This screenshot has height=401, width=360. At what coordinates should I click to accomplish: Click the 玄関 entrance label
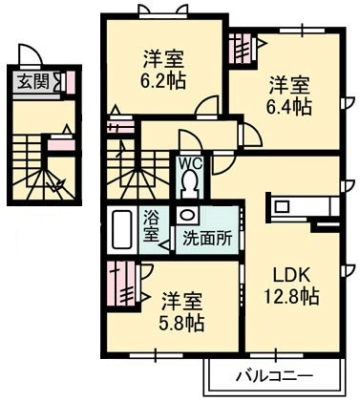pos(33,82)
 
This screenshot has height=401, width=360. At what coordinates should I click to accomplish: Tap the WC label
pos(190,164)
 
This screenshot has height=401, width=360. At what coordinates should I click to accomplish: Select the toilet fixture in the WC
pos(190,184)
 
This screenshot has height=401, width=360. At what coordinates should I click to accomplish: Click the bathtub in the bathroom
pos(122,229)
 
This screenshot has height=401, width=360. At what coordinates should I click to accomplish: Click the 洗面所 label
pos(207,237)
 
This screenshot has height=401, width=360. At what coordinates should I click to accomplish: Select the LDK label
pos(292,275)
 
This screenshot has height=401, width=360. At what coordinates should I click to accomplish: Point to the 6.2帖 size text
pos(163,81)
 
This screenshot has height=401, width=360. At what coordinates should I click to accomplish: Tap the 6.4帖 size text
pos(289,107)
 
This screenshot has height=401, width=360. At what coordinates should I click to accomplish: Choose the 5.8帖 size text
pos(181,324)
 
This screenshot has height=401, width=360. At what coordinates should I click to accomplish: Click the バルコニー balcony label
pos(274,377)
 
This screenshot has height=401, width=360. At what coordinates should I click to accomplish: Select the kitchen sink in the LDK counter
pos(281,207)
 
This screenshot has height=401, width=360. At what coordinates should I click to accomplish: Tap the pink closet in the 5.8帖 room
pos(121,284)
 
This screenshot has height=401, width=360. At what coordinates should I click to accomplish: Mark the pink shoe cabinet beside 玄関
pos(71,83)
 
